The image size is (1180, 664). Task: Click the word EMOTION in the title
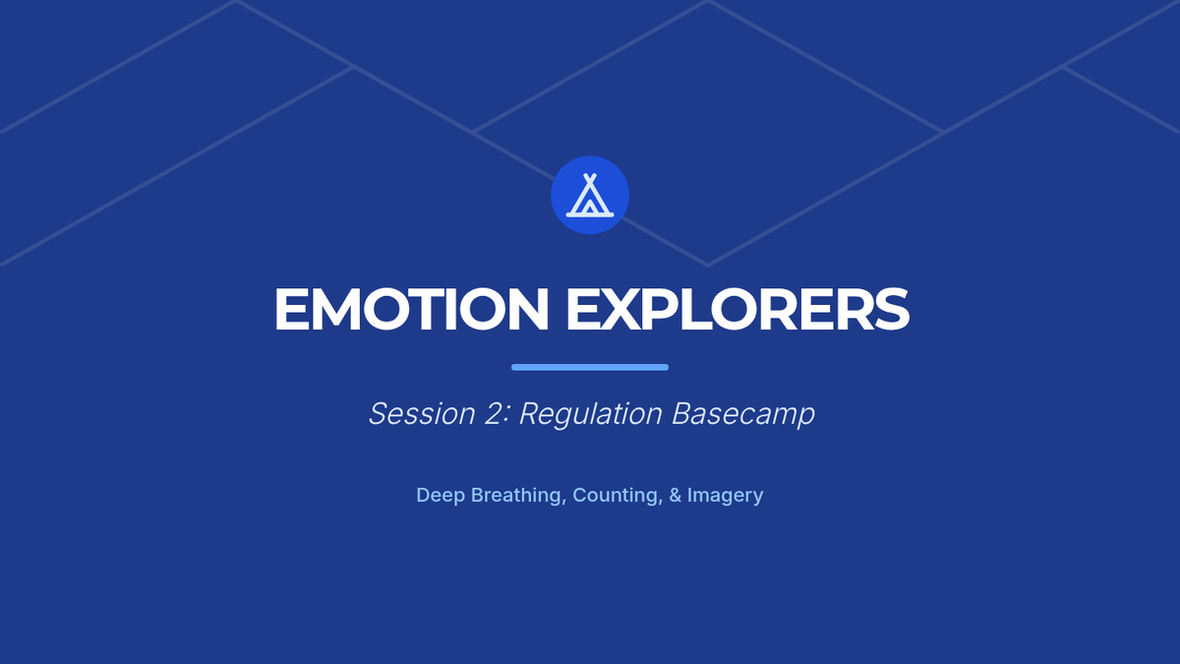[x=411, y=309]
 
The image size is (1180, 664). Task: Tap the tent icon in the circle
[x=590, y=195]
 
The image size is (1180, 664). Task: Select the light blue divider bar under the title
[x=590, y=367]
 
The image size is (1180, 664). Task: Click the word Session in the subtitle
[x=422, y=414]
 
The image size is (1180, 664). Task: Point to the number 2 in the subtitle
[x=493, y=414]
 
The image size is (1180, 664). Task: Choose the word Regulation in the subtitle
[x=591, y=415]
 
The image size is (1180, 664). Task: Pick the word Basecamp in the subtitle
[x=743, y=415]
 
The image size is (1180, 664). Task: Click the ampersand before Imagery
[x=675, y=496]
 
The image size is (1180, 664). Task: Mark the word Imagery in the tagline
[x=725, y=496]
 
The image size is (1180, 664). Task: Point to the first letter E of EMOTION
[x=291, y=309]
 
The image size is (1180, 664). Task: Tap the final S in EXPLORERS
[x=892, y=309]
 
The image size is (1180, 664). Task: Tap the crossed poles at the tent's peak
[x=590, y=178]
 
